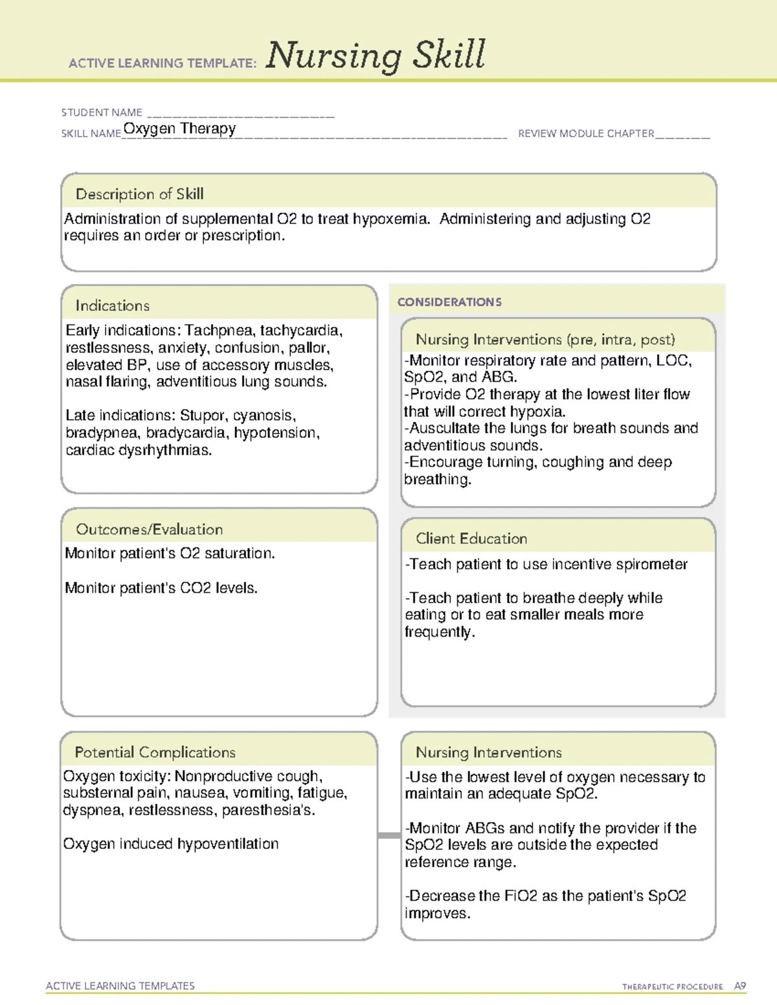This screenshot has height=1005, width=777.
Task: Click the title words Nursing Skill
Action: (x=375, y=55)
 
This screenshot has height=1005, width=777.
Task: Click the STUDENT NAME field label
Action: (x=102, y=113)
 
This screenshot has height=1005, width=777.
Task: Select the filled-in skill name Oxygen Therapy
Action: (x=179, y=129)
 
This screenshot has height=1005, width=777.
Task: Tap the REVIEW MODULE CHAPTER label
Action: (x=586, y=134)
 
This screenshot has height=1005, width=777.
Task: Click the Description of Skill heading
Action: (x=139, y=194)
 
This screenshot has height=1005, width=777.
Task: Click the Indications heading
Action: (x=112, y=305)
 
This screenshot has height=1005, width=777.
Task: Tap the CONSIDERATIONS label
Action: (x=449, y=302)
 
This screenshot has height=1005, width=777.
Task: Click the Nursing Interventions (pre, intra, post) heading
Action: (x=545, y=340)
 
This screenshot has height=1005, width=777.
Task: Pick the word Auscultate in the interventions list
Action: (x=445, y=428)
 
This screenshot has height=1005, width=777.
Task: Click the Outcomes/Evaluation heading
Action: (x=149, y=529)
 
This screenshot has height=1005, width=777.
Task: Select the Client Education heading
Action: (x=471, y=538)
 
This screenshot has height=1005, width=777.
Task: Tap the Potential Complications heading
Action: (x=155, y=752)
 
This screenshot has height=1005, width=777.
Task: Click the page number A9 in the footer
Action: (x=739, y=986)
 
